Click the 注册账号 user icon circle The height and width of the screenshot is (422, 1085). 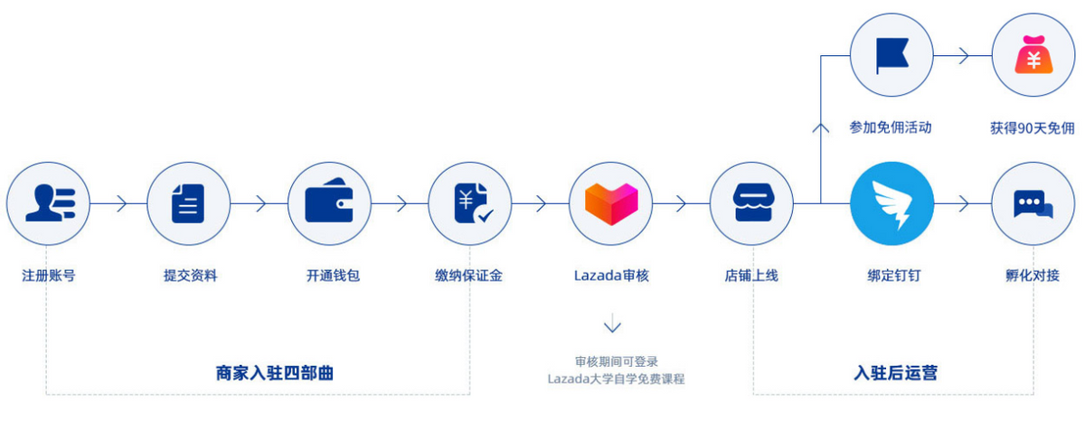tap(48, 203)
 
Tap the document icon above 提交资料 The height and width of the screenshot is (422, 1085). tap(189, 203)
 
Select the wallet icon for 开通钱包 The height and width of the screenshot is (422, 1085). tap(329, 203)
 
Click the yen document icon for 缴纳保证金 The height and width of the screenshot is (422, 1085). tap(470, 203)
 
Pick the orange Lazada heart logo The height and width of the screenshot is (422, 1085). tap(611, 203)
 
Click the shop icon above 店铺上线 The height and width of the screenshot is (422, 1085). tap(751, 203)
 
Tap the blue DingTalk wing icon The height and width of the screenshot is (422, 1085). tap(892, 203)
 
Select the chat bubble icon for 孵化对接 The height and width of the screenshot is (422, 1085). tap(1033, 203)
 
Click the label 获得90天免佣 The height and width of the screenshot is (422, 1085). tap(1033, 128)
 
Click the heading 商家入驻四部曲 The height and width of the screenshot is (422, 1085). tap(275, 372)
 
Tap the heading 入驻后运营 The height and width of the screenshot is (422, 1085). tap(895, 372)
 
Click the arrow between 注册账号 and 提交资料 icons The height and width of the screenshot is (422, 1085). tap(118, 203)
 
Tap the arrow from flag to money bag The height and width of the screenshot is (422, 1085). tap(962, 56)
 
